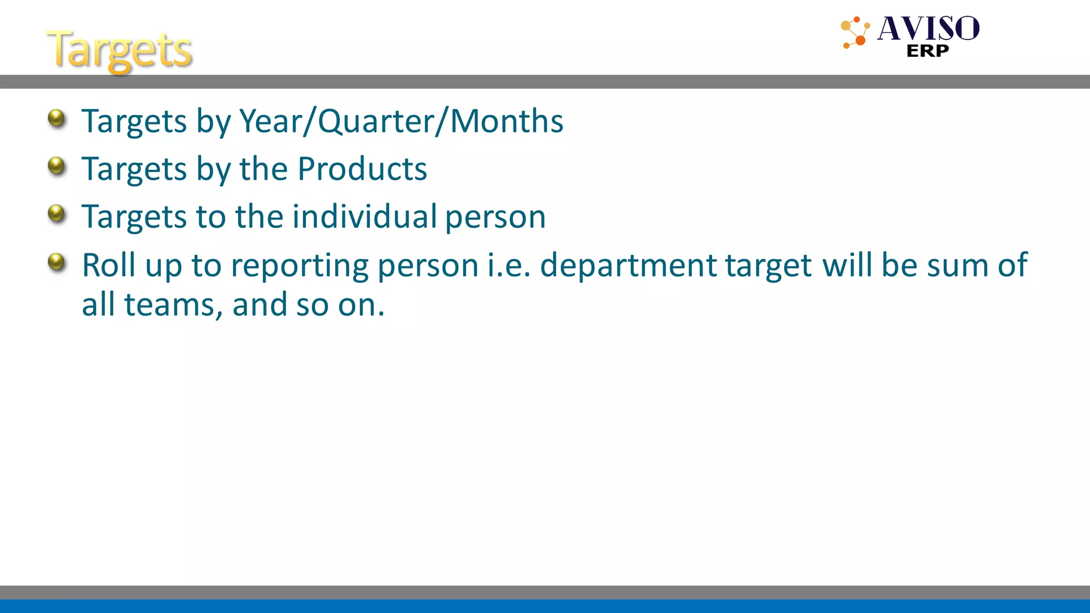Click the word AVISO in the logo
click(x=928, y=29)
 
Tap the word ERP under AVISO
click(x=927, y=51)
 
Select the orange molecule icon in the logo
click(x=855, y=32)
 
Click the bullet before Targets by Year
click(x=56, y=118)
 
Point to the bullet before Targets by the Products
click(x=56, y=166)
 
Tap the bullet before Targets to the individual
click(x=56, y=214)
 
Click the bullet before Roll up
click(x=56, y=262)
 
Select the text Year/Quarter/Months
click(x=401, y=121)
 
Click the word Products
click(x=362, y=169)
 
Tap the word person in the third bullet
click(x=496, y=218)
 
